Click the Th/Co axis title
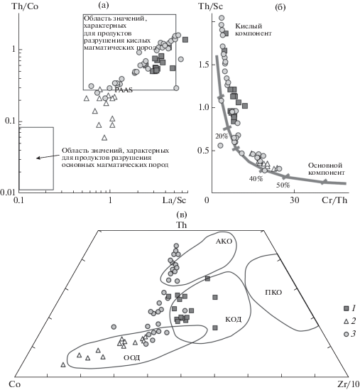(25, 6)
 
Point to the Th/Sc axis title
(210, 6)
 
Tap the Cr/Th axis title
(334, 200)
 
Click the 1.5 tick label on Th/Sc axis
(202, 65)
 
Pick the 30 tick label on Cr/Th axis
(295, 200)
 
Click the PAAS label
(124, 90)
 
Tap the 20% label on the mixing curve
(222, 136)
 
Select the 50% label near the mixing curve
(283, 185)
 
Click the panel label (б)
(280, 7)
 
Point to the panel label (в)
(182, 214)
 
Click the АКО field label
(224, 241)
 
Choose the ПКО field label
(273, 292)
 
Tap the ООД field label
(132, 357)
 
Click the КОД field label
(233, 320)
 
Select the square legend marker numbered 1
(346, 309)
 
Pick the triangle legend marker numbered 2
(346, 322)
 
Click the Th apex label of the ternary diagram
(182, 225)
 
